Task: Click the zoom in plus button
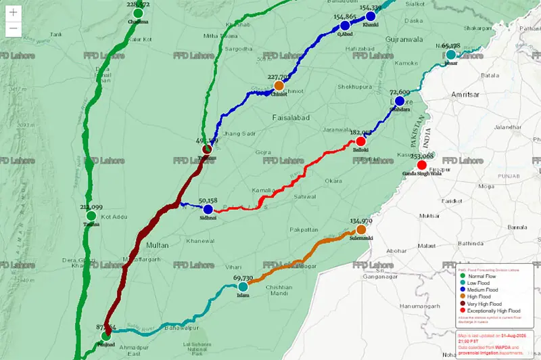13,13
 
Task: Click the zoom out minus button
13,29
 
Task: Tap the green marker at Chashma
139,13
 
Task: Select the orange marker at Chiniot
279,86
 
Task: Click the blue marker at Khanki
371,16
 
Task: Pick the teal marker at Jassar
450,54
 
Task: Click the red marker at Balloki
360,141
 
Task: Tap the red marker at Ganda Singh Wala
422,165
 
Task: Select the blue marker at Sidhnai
208,210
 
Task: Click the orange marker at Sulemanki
361,229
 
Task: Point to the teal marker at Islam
243,287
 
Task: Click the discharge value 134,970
361,221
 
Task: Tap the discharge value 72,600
400,92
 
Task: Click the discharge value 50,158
208,201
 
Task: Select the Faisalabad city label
289,118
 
